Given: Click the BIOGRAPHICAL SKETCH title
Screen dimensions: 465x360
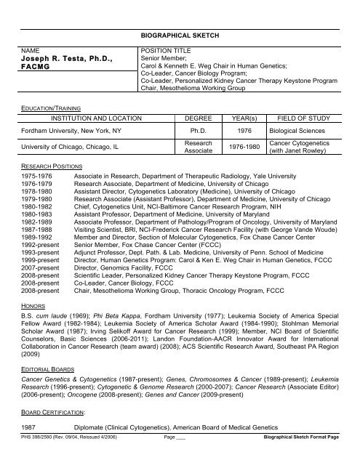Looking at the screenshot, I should [180, 34].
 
